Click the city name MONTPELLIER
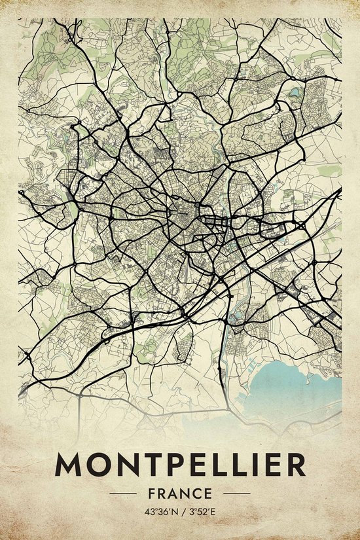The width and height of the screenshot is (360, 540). point(180,465)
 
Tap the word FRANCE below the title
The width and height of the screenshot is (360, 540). point(180,493)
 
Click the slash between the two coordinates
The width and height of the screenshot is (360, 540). point(181,511)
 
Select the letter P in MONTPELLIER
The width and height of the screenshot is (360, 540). point(173,465)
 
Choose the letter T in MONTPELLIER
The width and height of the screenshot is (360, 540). point(151,465)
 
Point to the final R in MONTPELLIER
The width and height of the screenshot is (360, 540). point(294,465)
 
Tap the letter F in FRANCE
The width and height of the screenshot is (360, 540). point(153,493)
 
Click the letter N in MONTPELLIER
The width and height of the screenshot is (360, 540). point(126,465)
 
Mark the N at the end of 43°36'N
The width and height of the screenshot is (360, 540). point(173,511)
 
